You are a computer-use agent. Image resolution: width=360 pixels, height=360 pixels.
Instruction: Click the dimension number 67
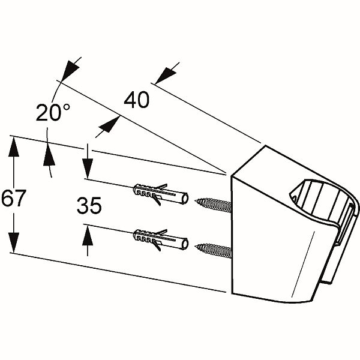(x=14, y=197)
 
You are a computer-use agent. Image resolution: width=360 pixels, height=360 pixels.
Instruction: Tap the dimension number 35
(x=89, y=205)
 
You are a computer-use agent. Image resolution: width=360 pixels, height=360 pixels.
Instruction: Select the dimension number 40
(x=137, y=100)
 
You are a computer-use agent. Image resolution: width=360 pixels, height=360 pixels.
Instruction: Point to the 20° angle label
(x=53, y=112)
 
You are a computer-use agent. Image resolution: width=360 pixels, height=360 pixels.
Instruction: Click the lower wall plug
(x=161, y=239)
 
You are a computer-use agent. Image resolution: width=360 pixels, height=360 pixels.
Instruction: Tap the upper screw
(x=213, y=205)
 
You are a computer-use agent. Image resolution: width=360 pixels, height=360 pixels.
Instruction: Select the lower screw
(x=213, y=250)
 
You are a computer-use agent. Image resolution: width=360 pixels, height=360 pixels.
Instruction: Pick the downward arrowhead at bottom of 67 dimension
(x=14, y=242)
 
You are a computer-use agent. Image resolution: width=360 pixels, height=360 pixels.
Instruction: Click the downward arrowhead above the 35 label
(x=88, y=168)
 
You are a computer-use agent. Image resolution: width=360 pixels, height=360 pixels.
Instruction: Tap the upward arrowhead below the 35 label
(x=88, y=235)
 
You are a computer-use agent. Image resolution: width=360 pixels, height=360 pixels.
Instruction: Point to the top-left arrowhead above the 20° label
(x=70, y=70)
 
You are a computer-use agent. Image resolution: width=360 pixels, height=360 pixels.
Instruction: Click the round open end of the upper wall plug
(x=185, y=199)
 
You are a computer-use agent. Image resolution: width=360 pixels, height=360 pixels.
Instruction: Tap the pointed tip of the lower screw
(x=196, y=247)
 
